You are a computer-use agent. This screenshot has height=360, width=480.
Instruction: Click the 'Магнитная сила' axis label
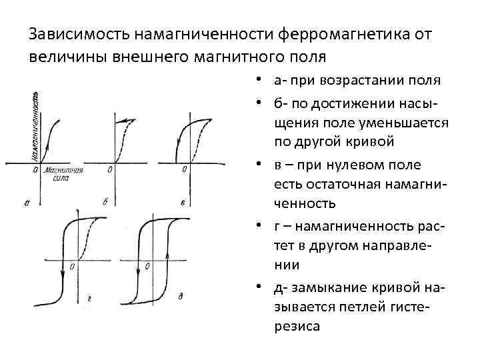[x=64, y=175]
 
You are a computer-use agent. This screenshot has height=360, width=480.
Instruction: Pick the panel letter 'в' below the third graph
[x=181, y=201]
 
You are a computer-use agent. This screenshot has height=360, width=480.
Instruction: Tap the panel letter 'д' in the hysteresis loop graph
[x=180, y=294]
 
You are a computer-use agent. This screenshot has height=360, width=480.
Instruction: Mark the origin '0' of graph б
[x=109, y=170]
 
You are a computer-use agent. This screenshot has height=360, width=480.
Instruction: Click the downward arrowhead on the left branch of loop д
[x=139, y=269]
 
